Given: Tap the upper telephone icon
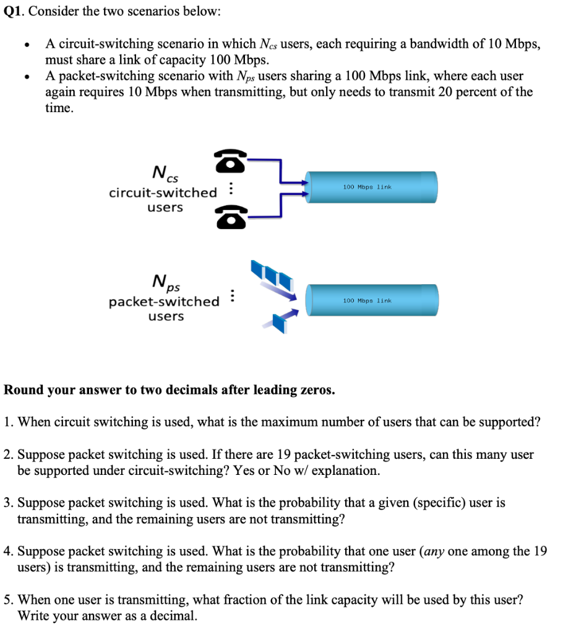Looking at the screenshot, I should (231, 162).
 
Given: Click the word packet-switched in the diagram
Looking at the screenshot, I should (164, 302).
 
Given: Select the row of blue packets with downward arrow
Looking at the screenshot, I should (272, 276).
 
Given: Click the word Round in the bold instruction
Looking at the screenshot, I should (23, 390).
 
